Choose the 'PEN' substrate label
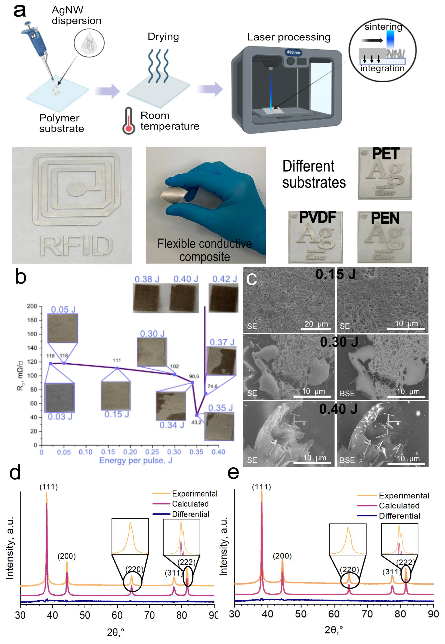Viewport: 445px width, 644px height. coord(385,218)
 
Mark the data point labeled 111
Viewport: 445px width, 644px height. coord(117,368)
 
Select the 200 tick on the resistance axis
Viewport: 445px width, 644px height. coord(32,306)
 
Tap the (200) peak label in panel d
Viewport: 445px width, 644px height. coord(67,556)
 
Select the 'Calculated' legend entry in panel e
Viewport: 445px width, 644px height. coord(399,505)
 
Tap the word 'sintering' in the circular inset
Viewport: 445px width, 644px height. coord(383,27)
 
